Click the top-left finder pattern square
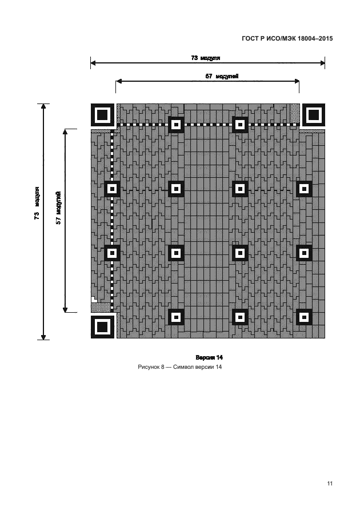[102, 115]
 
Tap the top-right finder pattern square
[313, 115]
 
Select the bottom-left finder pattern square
[102, 327]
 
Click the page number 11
[330, 483]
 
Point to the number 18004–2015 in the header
[315, 38]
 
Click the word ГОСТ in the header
[250, 38]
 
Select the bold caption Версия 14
[209, 357]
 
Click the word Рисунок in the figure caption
[149, 367]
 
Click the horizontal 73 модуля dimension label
[206, 58]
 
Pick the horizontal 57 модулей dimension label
[222, 76]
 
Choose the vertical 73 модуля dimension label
[37, 203]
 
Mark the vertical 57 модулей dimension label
[58, 208]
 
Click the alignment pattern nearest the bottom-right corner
[304, 317]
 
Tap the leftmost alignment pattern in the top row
[176, 125]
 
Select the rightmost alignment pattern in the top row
[240, 125]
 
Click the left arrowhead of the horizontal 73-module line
[93, 62]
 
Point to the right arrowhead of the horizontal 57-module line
[297, 81]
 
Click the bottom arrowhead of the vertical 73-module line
[43, 337]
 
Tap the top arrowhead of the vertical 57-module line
[65, 132]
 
